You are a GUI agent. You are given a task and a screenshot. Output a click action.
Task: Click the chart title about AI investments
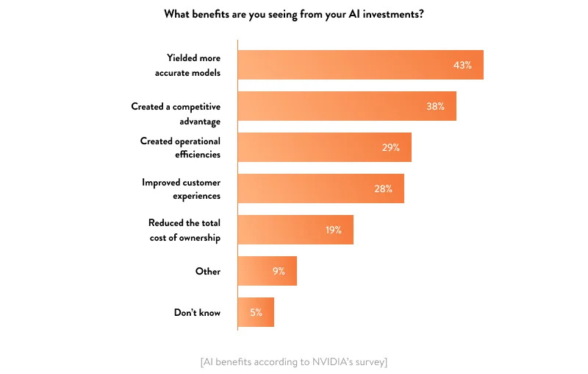293,14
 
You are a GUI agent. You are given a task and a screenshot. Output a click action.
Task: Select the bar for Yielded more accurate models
345,65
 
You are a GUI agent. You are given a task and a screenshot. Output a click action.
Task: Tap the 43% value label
462,65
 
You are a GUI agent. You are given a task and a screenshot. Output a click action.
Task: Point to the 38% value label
435,106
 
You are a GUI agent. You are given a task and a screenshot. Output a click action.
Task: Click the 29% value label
390,147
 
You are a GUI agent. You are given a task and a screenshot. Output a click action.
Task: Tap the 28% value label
383,188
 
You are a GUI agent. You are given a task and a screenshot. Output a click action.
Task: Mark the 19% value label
333,230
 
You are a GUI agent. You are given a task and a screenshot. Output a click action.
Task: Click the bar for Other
257,271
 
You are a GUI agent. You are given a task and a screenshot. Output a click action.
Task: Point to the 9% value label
279,271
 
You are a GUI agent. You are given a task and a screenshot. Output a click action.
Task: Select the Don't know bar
248,312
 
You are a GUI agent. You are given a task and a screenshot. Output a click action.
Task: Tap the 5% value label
256,312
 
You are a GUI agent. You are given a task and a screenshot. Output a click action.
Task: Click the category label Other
207,271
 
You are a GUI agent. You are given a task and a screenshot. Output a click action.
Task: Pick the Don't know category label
197,312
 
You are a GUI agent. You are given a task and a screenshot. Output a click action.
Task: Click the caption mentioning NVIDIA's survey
293,361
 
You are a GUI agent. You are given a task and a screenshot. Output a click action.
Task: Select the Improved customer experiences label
181,188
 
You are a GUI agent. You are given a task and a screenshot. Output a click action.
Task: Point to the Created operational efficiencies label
180,147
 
